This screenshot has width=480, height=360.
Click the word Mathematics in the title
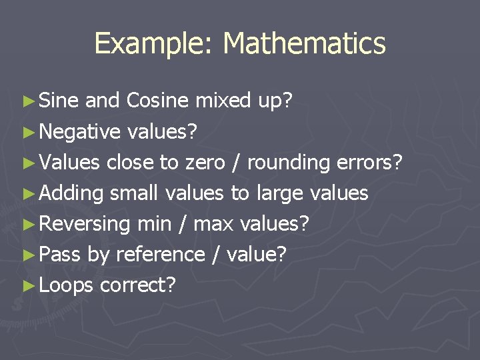point(304,44)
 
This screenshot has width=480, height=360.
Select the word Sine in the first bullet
point(60,101)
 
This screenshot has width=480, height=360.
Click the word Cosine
point(158,101)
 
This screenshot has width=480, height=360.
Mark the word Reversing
point(85,224)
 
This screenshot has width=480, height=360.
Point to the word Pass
point(61,254)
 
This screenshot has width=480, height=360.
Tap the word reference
point(160,254)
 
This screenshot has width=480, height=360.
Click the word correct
point(137,285)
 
